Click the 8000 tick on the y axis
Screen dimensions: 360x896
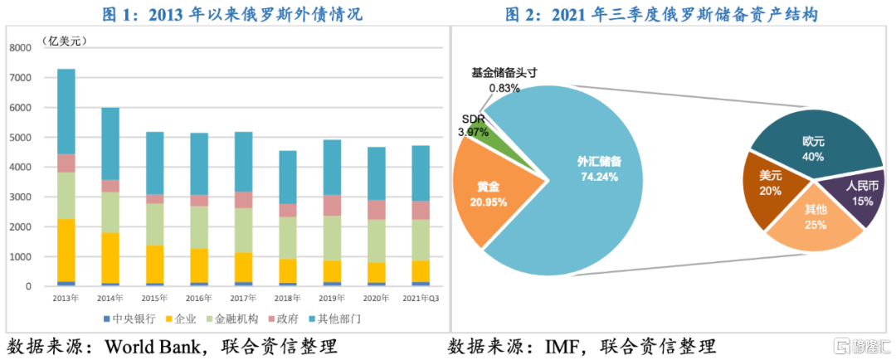tap(20, 48)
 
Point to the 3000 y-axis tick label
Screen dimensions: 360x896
tap(20, 197)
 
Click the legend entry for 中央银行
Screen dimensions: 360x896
tap(125, 318)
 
